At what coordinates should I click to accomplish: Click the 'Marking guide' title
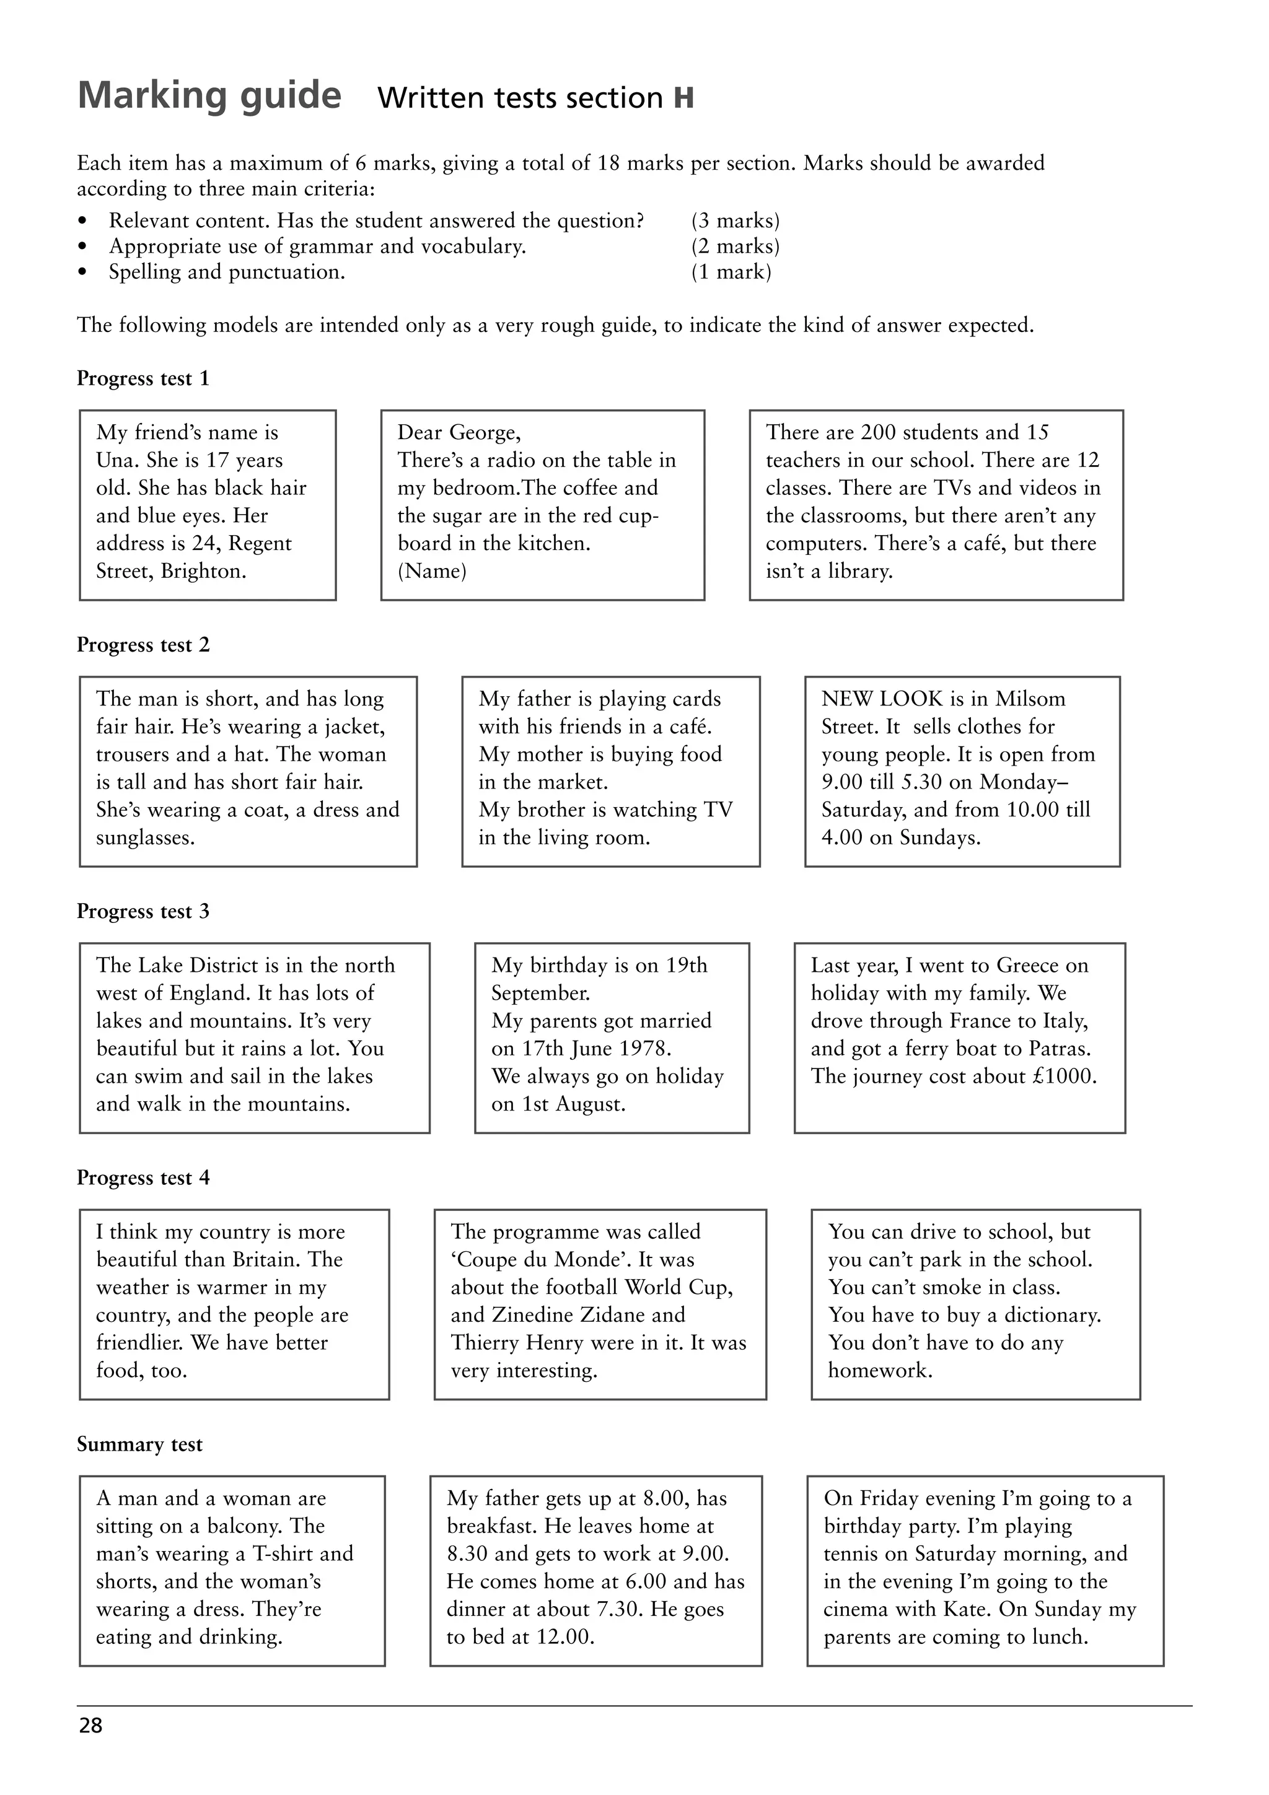209,96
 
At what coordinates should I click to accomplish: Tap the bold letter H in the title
683,98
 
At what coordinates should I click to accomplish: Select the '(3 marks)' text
735,221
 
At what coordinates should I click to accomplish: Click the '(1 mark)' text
731,272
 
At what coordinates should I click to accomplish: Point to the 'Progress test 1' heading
143,378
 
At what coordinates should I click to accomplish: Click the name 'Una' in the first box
116,460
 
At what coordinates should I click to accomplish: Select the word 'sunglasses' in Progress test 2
144,838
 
